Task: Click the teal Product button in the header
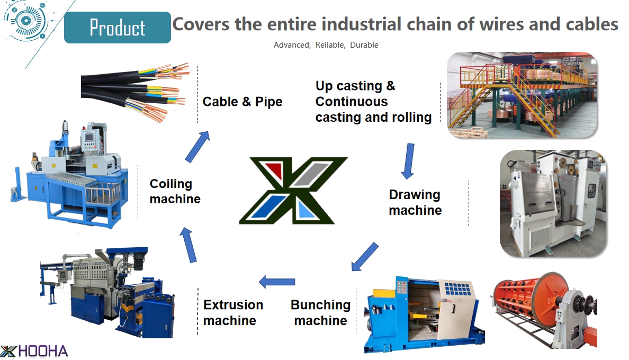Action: [x=117, y=27]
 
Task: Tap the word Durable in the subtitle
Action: [x=364, y=45]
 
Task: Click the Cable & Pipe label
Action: [x=242, y=102]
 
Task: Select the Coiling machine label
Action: [x=175, y=191]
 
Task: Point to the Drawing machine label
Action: [x=415, y=202]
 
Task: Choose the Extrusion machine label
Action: [x=233, y=313]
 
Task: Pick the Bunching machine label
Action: [x=320, y=313]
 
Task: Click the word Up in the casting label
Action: [x=324, y=86]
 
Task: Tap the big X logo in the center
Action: [x=293, y=191]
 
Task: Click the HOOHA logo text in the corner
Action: [x=43, y=351]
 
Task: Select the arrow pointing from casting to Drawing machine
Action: [x=408, y=161]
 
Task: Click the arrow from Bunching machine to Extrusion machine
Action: [x=277, y=282]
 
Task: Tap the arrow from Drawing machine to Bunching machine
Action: [x=364, y=257]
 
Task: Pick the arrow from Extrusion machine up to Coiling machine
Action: [x=188, y=245]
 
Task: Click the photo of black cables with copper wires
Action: [x=135, y=93]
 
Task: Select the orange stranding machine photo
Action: [x=544, y=310]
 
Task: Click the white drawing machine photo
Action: [x=553, y=203]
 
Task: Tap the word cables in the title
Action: [x=592, y=24]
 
